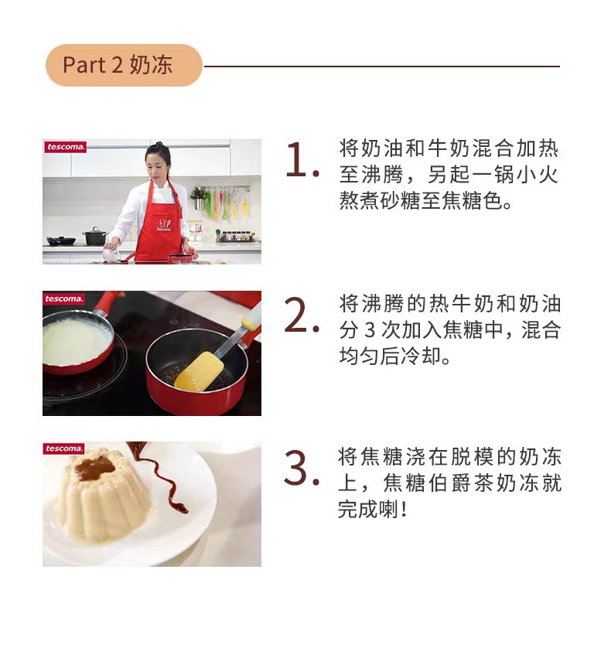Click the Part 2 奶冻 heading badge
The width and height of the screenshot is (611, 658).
[123, 65]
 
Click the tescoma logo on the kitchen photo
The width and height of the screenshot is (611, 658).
[64, 147]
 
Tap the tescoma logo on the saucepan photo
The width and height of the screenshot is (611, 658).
[64, 298]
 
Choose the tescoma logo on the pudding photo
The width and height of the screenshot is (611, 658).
[64, 449]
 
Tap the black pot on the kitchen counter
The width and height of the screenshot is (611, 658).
[95, 236]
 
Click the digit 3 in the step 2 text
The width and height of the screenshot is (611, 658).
[369, 330]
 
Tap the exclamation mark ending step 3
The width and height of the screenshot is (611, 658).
[403, 510]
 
